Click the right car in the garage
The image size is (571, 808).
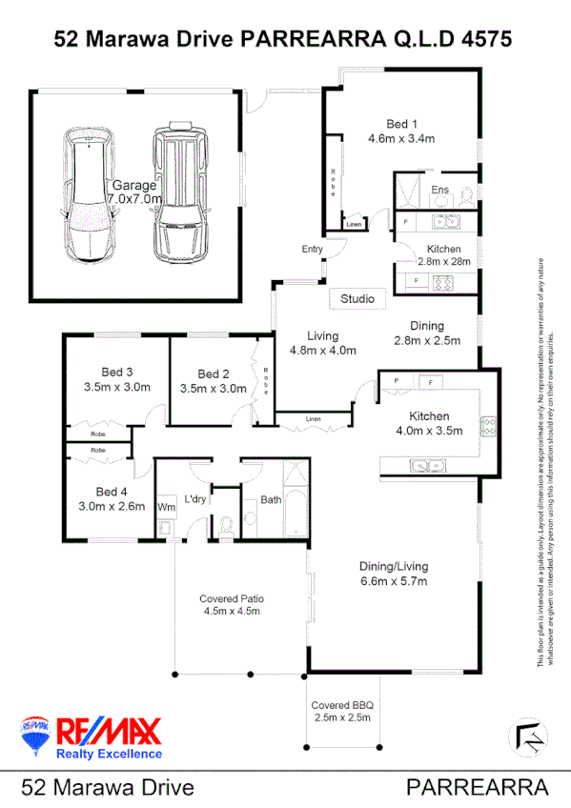tap(179, 195)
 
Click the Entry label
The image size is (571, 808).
tap(313, 250)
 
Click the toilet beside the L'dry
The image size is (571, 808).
tap(227, 525)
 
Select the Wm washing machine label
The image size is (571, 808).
tap(164, 506)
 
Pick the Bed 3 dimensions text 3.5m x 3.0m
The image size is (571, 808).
tap(117, 388)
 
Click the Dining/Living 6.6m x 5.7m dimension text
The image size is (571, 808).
tap(394, 580)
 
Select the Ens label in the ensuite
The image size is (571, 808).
tap(439, 191)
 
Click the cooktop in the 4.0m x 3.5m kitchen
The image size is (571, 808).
tap(488, 427)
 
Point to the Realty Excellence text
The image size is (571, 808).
tap(110, 753)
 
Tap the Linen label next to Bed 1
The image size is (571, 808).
tap(354, 225)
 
